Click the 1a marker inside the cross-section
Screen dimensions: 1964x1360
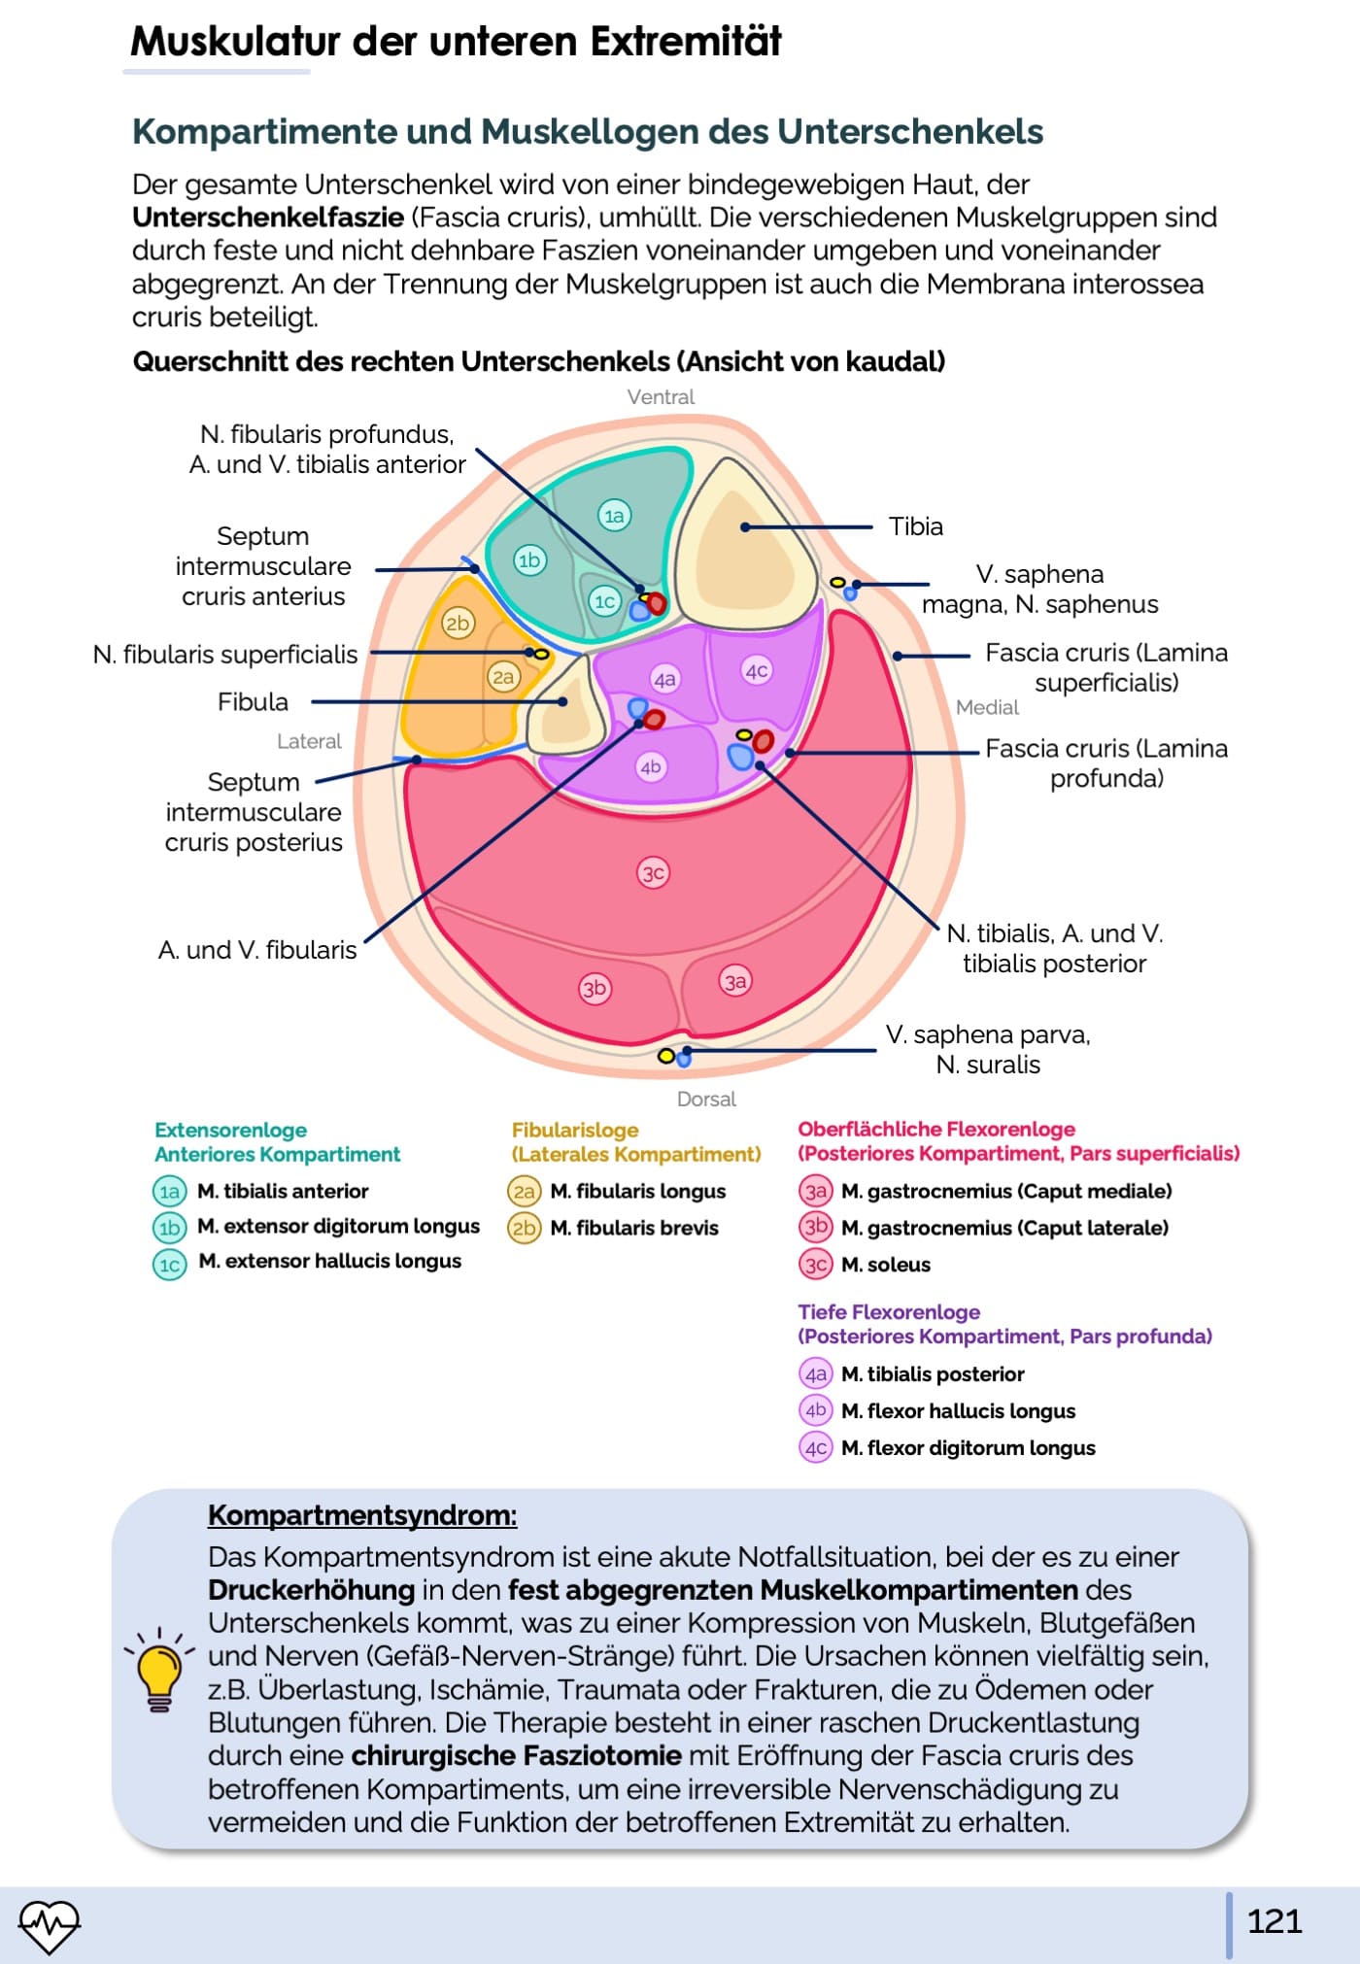[x=614, y=516]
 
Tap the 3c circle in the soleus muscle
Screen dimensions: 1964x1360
[x=653, y=872]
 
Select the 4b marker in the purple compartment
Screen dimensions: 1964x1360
[x=650, y=767]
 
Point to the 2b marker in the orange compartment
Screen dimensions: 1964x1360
[x=458, y=623]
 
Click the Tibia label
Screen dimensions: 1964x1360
[x=915, y=526]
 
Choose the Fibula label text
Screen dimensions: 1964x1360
[x=253, y=701]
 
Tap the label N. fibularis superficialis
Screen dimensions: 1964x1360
[x=225, y=655]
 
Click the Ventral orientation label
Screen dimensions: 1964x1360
[x=661, y=397]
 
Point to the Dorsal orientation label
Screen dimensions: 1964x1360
[x=706, y=1099]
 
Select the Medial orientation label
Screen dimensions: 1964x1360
[x=987, y=707]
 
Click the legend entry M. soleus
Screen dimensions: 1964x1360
[x=885, y=1265]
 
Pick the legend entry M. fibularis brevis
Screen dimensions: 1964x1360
[x=633, y=1228]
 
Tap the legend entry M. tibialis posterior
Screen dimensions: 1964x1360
[x=933, y=1374]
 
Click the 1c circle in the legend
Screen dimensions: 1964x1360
[x=170, y=1264]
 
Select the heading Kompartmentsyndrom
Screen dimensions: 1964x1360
[x=362, y=1515]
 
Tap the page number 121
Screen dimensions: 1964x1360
[x=1274, y=1921]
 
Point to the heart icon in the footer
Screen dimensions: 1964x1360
[x=50, y=1924]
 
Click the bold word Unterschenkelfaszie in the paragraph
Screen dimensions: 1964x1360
[x=268, y=218]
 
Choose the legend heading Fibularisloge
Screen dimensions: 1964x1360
[x=575, y=1130]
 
